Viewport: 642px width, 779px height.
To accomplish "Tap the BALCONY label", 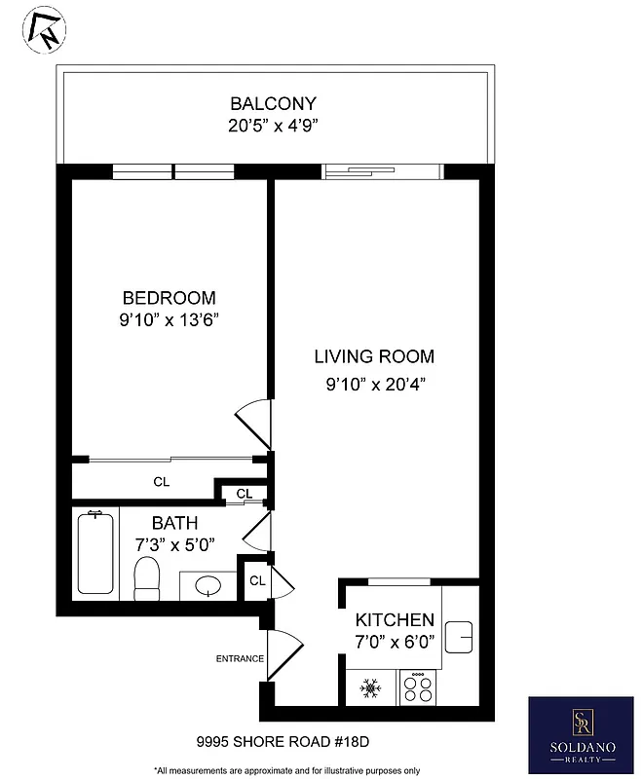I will click(273, 104).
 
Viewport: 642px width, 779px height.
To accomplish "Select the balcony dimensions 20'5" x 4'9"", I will click(273, 126).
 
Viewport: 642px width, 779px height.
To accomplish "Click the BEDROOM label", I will click(169, 298).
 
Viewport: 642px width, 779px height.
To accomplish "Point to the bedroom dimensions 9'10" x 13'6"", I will click(169, 319).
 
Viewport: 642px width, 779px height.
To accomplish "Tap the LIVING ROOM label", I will click(374, 356).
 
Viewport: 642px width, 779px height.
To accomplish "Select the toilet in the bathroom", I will click(147, 578).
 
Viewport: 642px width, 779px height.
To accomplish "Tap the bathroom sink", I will click(208, 586).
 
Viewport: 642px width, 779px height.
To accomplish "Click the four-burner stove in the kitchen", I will click(419, 688).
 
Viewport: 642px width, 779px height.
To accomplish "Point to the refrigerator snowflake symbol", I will click(370, 688).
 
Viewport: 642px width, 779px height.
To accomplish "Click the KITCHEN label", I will click(394, 620).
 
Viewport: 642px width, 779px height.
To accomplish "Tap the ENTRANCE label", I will click(240, 659).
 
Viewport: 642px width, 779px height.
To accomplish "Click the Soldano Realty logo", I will click(581, 732).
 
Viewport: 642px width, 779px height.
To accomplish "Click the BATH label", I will click(174, 523).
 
